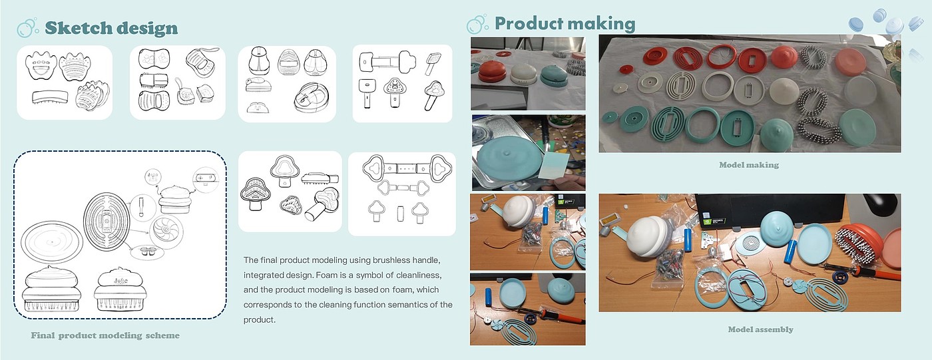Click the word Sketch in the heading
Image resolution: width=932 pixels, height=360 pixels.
point(79,28)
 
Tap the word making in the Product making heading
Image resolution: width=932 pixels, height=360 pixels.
point(600,24)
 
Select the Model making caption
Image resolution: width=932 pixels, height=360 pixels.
point(749,165)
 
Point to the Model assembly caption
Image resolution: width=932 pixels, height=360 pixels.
point(760,329)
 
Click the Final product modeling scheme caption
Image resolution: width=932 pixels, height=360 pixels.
point(105,335)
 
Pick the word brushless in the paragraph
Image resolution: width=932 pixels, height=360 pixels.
point(391,260)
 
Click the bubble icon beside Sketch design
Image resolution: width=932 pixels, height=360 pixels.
point(28,28)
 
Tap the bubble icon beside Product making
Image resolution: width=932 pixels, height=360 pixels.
point(477,24)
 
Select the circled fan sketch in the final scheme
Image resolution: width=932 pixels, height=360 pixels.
point(166,232)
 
